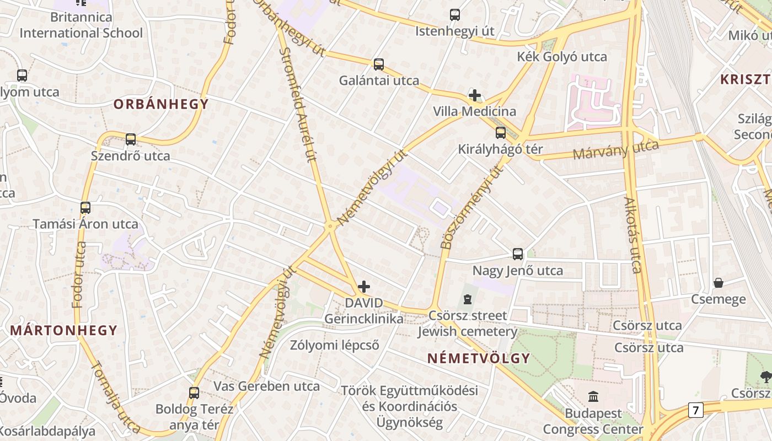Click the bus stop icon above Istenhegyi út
click(455, 15)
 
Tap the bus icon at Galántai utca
click(379, 64)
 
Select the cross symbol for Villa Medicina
click(474, 95)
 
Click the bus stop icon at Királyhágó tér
click(501, 133)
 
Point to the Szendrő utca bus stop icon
click(131, 139)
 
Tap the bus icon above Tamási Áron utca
click(85, 208)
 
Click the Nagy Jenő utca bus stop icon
click(518, 254)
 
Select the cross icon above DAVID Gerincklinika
click(364, 287)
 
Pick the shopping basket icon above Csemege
click(719, 283)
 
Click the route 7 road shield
click(696, 410)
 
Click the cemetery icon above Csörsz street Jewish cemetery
click(468, 299)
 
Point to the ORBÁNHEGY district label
click(161, 104)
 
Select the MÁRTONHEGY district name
click(64, 331)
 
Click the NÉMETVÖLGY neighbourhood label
click(479, 358)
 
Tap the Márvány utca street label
click(616, 149)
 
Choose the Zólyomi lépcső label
click(335, 346)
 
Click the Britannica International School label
click(81, 25)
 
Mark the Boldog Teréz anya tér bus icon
click(194, 393)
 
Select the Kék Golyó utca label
click(561, 57)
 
